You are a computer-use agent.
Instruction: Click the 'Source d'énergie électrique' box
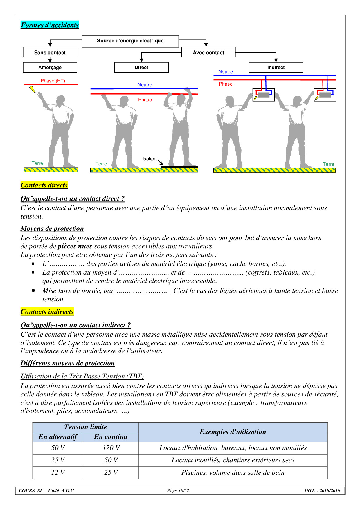pyautogui.click(x=130, y=41)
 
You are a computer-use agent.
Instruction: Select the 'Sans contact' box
pyautogui.click(x=50, y=53)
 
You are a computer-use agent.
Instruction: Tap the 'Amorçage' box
pyautogui.click(x=50, y=67)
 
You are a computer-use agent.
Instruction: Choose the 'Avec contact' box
pyautogui.click(x=208, y=53)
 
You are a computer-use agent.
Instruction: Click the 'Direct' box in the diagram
pyautogui.click(x=141, y=67)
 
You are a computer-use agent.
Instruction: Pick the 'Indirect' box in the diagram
pyautogui.click(x=276, y=67)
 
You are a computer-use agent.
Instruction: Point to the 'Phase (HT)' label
pyautogui.click(x=53, y=81)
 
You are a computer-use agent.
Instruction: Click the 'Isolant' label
pyautogui.click(x=150, y=159)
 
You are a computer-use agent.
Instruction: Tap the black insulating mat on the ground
pyautogui.click(x=179, y=167)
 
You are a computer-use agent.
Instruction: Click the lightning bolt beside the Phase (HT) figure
pyautogui.click(x=33, y=90)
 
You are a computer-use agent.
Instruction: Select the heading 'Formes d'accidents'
pyautogui.click(x=50, y=25)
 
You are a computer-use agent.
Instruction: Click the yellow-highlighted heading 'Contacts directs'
pyautogui.click(x=44, y=185)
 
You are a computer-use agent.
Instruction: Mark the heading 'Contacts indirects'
pyautogui.click(x=47, y=312)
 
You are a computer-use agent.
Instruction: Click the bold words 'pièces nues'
pyautogui.click(x=75, y=246)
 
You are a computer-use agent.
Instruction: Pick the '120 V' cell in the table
pyautogui.click(x=111, y=448)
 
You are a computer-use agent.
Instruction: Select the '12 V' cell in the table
pyautogui.click(x=58, y=472)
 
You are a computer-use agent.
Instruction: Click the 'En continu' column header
pyautogui.click(x=111, y=437)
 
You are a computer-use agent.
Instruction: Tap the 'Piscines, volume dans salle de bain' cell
pyautogui.click(x=233, y=472)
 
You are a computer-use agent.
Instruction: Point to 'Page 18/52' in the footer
pyautogui.click(x=178, y=491)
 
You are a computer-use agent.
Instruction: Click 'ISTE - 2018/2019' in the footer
pyautogui.click(x=322, y=491)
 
